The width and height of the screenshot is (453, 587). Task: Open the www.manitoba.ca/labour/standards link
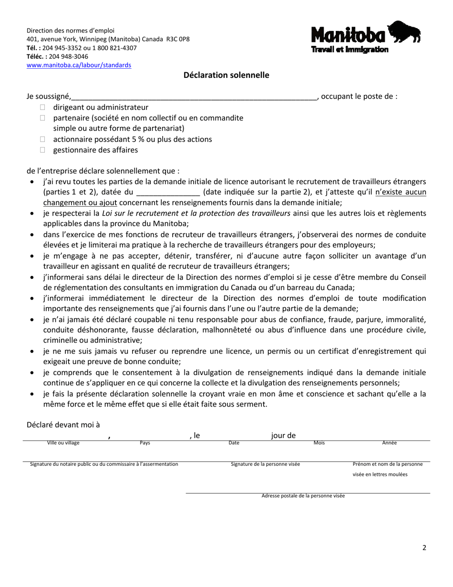click(79, 65)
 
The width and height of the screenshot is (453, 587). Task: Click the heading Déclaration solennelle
click(226, 75)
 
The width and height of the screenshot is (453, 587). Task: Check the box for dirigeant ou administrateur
click(43, 107)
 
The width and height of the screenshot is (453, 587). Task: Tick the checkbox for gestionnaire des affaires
click(43, 150)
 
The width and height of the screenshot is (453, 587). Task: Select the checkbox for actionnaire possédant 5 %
click(43, 139)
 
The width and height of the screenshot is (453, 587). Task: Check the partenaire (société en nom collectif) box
click(43, 118)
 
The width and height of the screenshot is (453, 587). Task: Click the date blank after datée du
click(168, 192)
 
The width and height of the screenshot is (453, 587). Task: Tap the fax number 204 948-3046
click(68, 56)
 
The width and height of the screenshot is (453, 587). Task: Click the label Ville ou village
click(63, 443)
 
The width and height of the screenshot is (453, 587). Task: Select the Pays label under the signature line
click(145, 443)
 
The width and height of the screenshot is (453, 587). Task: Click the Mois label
click(319, 443)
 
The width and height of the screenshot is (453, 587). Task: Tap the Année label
click(390, 443)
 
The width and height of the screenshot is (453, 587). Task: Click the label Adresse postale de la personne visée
click(303, 496)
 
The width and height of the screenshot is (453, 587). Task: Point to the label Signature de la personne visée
click(265, 464)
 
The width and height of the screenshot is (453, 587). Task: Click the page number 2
click(424, 548)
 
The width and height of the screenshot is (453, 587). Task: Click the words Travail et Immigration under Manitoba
click(350, 50)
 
